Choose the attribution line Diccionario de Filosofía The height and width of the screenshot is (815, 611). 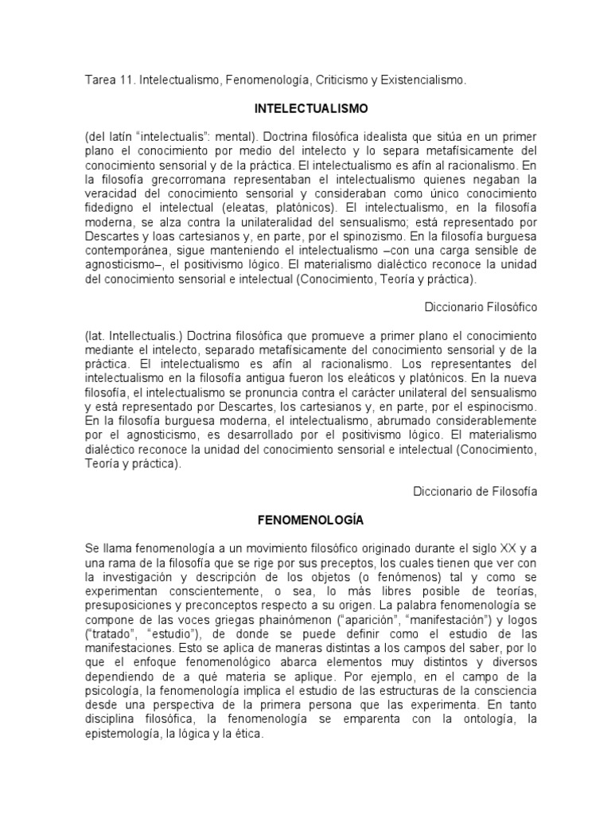tap(475, 491)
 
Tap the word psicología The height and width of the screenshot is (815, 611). tap(111, 692)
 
